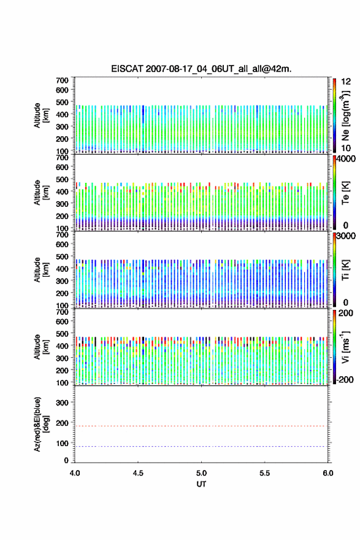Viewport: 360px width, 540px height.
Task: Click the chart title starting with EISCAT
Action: pyautogui.click(x=201, y=69)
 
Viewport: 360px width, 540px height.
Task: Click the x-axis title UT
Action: pyautogui.click(x=201, y=484)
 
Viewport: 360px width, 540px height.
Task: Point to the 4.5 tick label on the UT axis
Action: pyautogui.click(x=138, y=473)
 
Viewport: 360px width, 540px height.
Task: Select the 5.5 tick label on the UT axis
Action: pyautogui.click(x=265, y=473)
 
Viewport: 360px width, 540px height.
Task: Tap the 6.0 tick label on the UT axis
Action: pyautogui.click(x=327, y=473)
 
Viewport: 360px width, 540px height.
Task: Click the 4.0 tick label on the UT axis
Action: pyautogui.click(x=75, y=473)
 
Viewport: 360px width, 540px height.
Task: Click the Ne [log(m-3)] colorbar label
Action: pyautogui.click(x=345, y=115)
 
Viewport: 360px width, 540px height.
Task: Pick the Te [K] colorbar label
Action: pyautogui.click(x=345, y=193)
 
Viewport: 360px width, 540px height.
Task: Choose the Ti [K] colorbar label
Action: pyautogui.click(x=345, y=270)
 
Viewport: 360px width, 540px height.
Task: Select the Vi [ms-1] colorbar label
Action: pyautogui.click(x=345, y=347)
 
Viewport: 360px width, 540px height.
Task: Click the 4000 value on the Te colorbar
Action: pyautogui.click(x=347, y=160)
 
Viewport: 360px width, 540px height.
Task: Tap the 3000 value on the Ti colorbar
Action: pyautogui.click(x=347, y=236)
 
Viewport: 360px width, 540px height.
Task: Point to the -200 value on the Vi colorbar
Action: pyautogui.click(x=345, y=379)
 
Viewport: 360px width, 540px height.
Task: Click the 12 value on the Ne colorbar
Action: pyautogui.click(x=346, y=82)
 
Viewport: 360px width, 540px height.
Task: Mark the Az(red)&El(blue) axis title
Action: pyautogui.click(x=41, y=424)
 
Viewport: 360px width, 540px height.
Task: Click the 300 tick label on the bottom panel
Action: pyautogui.click(x=63, y=403)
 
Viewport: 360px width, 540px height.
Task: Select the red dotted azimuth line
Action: pyautogui.click(x=201, y=426)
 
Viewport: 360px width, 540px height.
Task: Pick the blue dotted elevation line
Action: pyautogui.click(x=201, y=446)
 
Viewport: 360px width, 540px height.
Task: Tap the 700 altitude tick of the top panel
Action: pyautogui.click(x=63, y=80)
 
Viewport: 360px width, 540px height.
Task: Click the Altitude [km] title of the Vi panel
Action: pyautogui.click(x=41, y=347)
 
